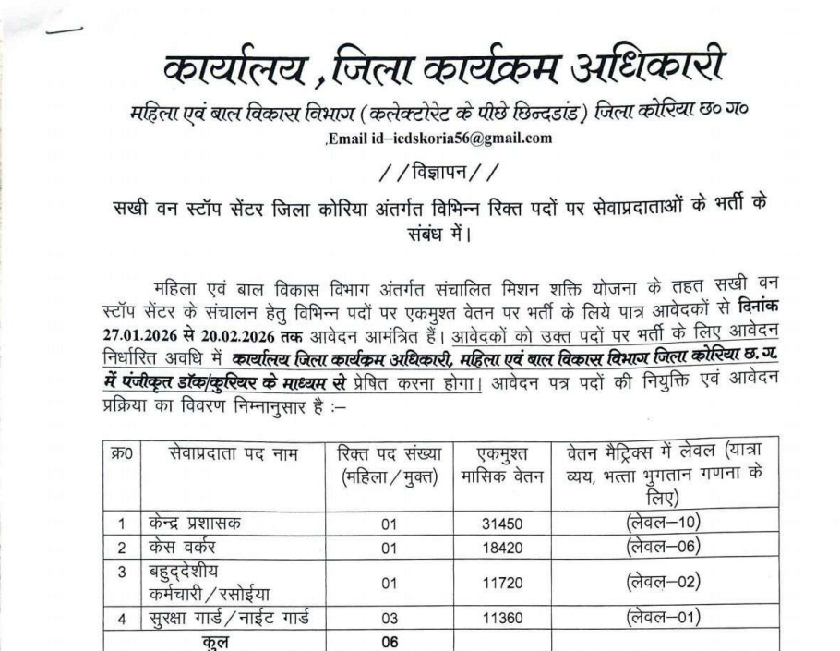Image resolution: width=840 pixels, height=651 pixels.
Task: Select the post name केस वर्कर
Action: [x=184, y=546]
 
